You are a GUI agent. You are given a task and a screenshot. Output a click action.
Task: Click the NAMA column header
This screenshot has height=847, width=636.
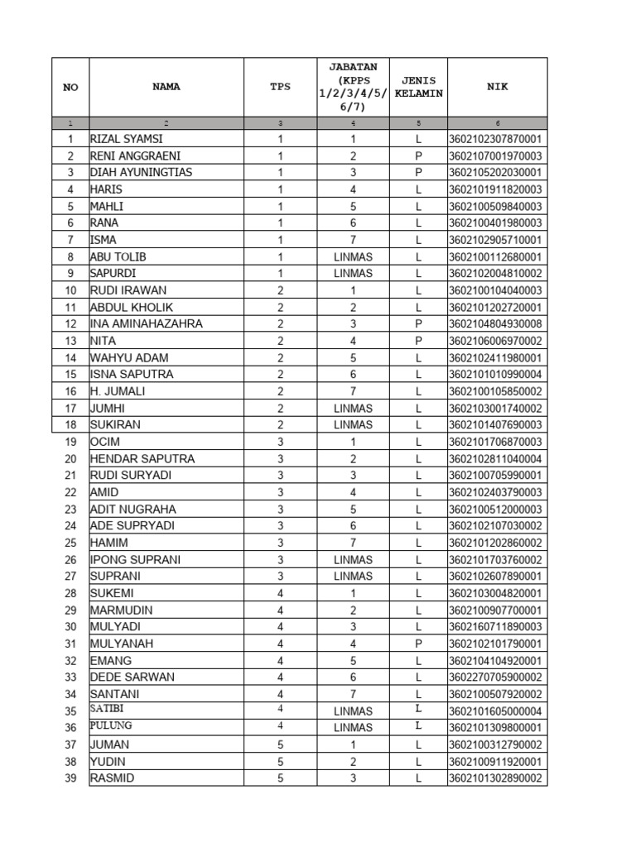click(166, 86)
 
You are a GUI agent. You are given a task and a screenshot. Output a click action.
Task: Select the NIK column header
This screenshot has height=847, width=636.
click(497, 86)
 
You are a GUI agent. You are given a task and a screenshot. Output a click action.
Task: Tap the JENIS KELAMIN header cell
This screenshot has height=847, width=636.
click(418, 87)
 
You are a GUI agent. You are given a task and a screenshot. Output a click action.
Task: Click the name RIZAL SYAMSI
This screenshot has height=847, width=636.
click(127, 139)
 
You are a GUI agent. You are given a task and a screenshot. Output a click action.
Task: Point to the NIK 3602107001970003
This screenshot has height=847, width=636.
click(495, 156)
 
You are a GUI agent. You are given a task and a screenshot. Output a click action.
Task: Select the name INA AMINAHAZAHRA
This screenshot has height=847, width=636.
click(146, 324)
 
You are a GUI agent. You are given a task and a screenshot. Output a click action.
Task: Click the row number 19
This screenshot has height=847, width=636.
click(70, 442)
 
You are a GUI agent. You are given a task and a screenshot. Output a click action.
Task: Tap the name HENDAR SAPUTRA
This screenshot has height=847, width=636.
click(142, 459)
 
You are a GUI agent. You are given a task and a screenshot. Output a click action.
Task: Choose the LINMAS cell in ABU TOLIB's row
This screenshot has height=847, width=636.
click(353, 257)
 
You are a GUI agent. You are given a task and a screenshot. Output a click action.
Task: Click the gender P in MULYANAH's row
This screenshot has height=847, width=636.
click(418, 644)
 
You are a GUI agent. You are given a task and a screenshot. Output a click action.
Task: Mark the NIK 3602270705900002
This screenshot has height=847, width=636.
click(495, 677)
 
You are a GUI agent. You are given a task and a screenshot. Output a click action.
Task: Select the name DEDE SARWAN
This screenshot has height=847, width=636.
click(132, 677)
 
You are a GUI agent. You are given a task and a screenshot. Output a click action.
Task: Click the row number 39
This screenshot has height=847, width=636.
click(70, 778)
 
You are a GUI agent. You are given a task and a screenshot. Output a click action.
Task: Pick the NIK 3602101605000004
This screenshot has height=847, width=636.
click(495, 711)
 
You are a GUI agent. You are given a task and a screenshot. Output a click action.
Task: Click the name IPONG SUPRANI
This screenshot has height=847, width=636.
click(135, 560)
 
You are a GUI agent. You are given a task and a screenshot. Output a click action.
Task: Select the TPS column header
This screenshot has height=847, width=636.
click(281, 86)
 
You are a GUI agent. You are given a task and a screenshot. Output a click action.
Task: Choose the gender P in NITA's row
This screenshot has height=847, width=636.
click(418, 341)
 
